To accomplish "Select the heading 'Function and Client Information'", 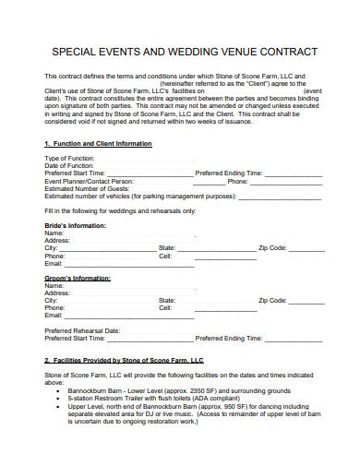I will coord(102,144).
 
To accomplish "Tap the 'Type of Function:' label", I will coord(68,159).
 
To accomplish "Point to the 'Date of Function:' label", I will coord(67,165).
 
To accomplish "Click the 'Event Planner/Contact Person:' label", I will coord(89,182).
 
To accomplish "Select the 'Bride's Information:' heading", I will coord(75,225).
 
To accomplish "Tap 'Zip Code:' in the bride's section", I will coord(273,248).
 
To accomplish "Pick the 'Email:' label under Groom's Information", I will coord(54,315).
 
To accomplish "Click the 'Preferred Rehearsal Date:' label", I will coord(82,329).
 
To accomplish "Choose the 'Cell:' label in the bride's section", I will coord(165,256).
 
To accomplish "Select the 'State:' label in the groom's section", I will coord(167,300).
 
